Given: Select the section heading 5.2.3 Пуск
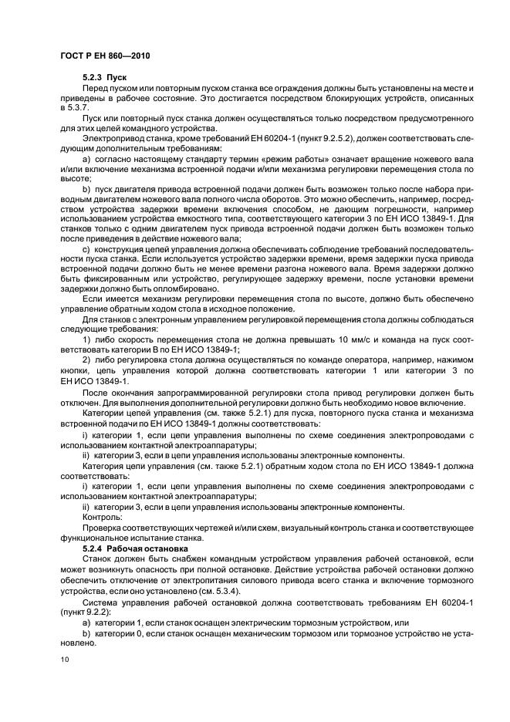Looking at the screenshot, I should coord(104,79).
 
